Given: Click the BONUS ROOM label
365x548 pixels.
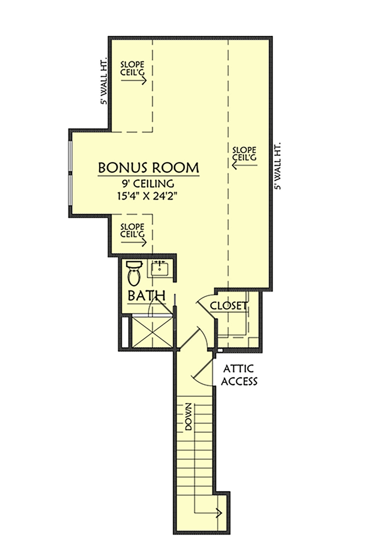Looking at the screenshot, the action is point(149,168).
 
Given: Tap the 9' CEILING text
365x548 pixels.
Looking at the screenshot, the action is point(149,183).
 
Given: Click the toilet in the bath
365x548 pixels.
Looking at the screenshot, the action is point(134,273).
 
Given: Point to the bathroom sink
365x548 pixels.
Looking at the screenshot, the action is point(160,269).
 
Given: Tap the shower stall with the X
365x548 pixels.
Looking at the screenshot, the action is point(152,332).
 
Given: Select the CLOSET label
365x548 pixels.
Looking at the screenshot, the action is point(228,306).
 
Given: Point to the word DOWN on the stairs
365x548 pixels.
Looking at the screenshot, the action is point(189,416).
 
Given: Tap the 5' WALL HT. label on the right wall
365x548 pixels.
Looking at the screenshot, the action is point(278,166).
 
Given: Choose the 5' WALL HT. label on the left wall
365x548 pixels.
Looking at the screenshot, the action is point(104,81).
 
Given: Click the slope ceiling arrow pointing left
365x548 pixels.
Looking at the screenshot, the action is point(245,165).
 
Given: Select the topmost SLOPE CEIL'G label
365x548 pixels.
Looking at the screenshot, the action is point(132,68).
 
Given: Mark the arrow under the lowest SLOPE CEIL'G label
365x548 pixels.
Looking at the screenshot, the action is point(134,242).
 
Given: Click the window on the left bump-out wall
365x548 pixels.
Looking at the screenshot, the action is point(70,173).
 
